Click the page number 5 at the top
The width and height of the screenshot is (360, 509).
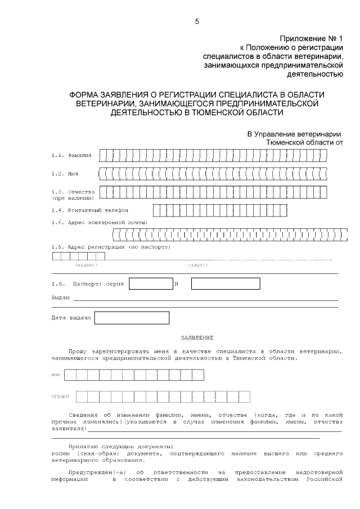(196, 21)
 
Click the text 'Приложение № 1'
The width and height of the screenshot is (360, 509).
(312, 38)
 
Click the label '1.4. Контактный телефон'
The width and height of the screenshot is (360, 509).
(89, 210)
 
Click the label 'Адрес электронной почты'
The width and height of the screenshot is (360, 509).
(107, 222)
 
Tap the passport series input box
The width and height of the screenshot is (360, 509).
(151, 283)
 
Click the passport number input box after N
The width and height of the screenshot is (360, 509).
(225, 283)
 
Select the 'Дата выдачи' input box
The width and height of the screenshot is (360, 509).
(132, 318)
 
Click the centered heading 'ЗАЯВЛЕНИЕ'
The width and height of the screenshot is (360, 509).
(197, 337)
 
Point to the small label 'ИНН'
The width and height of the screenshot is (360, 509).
(56, 375)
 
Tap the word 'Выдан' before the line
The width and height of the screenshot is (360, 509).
(60, 298)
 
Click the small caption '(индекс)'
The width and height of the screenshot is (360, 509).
(86, 264)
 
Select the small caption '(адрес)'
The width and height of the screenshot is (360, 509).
(197, 264)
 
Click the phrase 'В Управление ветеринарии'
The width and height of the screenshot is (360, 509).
(295, 134)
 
